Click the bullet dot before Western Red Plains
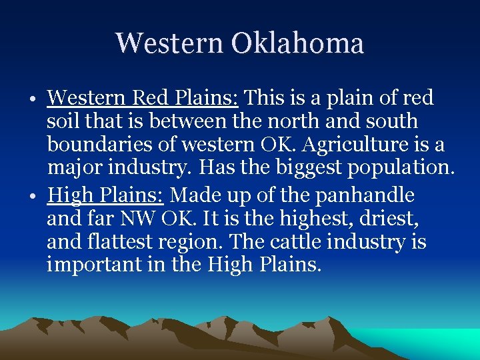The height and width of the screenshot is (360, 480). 33,101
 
